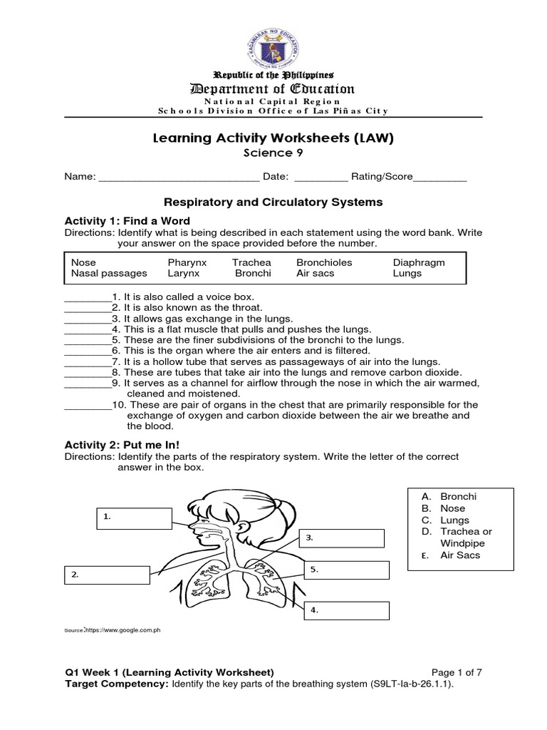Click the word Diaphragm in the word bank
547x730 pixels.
(x=418, y=262)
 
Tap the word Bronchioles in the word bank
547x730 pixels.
(x=324, y=262)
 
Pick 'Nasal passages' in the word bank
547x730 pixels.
(x=105, y=273)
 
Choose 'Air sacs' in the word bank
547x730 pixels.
(x=314, y=273)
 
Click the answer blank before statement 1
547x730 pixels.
(x=87, y=296)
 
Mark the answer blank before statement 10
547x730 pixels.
(x=87, y=405)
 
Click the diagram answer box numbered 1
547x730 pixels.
(x=134, y=518)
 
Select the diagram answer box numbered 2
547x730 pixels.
(x=107, y=575)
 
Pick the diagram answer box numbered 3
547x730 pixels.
(x=345, y=540)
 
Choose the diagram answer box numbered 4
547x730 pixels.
(x=349, y=610)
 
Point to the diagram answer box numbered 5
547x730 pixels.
(x=349, y=571)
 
